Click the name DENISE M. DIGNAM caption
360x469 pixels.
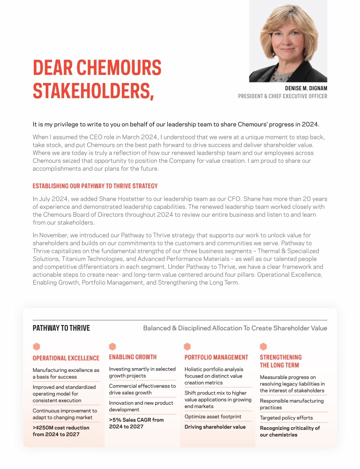click(306, 88)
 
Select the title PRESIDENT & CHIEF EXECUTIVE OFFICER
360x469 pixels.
click(283, 96)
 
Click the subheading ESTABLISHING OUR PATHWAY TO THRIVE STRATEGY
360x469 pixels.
click(95, 186)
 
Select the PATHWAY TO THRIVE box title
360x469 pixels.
click(61, 328)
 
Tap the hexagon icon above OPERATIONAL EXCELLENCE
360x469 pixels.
click(37, 347)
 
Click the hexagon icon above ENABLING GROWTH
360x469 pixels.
click(112, 347)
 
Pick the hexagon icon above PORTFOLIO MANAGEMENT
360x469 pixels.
click(187, 347)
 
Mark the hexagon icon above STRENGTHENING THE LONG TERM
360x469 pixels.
click(263, 347)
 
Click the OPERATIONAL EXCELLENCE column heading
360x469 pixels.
click(66, 358)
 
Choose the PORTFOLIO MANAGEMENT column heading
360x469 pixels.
click(216, 357)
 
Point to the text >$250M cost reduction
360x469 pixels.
click(61, 427)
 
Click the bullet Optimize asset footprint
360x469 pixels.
click(213, 416)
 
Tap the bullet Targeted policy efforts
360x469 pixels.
click(286, 418)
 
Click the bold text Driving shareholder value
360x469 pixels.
click(215, 427)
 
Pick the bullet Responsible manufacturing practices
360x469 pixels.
click(292, 404)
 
